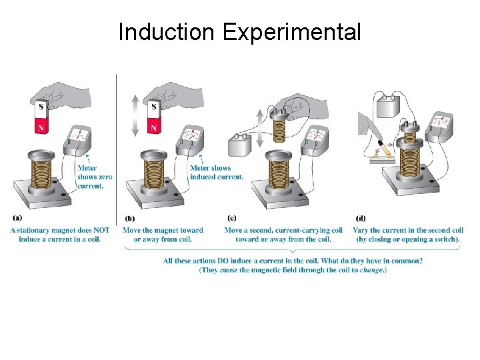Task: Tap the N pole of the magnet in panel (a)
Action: tap(41, 126)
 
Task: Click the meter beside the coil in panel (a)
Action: tap(79, 138)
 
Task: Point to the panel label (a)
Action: tap(17, 217)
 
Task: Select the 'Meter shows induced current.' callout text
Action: tap(216, 173)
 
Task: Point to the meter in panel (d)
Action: tap(439, 125)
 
